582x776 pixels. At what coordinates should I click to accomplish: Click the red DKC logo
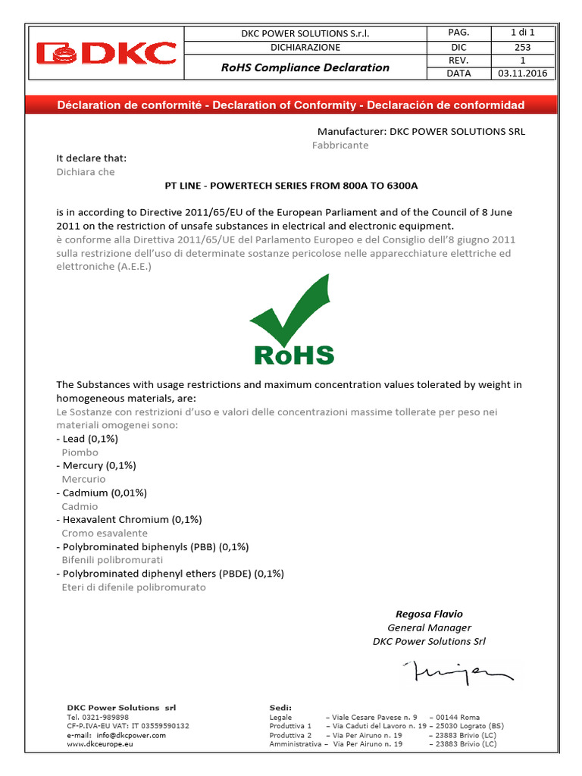[x=107, y=53]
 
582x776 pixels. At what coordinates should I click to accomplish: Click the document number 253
[x=522, y=46]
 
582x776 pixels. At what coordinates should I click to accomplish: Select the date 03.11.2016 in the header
[x=522, y=74]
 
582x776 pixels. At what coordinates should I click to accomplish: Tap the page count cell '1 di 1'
[x=522, y=33]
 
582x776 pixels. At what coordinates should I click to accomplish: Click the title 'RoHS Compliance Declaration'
[x=305, y=67]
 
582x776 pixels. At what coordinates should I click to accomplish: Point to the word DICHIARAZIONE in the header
[x=305, y=47]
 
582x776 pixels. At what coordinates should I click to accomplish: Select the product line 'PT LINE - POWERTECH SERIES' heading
[x=291, y=185]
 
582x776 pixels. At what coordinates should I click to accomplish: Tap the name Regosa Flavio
[x=429, y=614]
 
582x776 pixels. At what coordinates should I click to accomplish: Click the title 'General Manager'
[x=429, y=627]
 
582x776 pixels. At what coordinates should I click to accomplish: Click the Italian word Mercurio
[x=83, y=479]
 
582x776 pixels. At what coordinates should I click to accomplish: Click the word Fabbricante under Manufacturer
[x=340, y=145]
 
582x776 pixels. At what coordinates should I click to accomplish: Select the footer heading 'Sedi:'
[x=280, y=707]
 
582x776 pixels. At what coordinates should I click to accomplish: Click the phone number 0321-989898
[x=106, y=717]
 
